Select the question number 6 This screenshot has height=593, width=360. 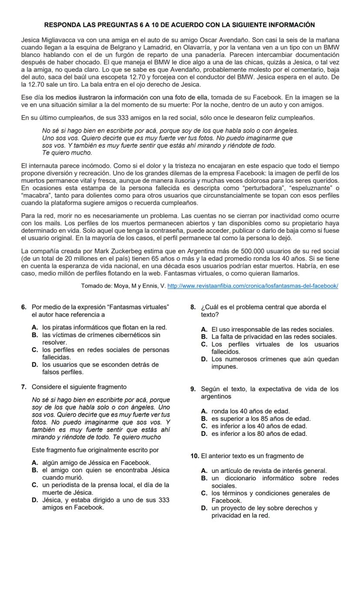pos(24,307)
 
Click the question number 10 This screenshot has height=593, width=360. pos(195,456)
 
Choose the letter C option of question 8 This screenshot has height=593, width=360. pos(204,345)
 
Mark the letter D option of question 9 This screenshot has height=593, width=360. pos(204,434)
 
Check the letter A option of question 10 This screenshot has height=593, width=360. pos(204,471)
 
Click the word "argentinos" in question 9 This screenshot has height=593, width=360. pos(216,397)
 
